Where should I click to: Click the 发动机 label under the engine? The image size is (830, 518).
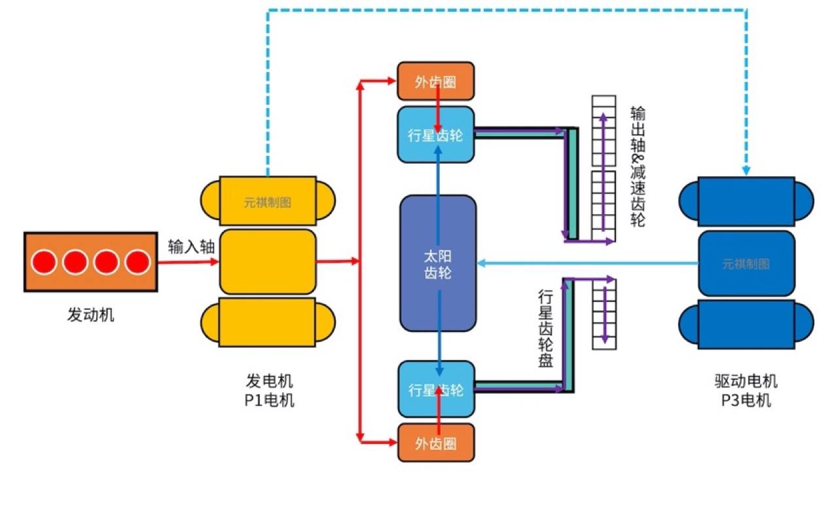point(90,315)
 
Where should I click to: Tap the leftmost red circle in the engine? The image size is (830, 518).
point(45,262)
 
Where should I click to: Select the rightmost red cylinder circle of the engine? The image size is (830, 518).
point(137,262)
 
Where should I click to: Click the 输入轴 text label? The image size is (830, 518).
point(191,247)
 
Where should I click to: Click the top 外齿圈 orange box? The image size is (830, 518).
point(435,81)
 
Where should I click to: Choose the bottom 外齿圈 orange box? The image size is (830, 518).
point(435,443)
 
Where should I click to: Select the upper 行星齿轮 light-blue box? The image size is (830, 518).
point(435,135)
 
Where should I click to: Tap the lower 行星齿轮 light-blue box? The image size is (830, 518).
point(435,390)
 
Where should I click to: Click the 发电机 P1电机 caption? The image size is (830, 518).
point(269,390)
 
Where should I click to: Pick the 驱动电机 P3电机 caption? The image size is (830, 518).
point(746,390)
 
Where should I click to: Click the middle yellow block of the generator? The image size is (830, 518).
point(268,261)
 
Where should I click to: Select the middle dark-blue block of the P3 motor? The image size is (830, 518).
point(746,263)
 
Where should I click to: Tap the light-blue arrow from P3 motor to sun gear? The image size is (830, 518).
point(589,263)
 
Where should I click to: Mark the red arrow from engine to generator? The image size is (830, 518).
point(187,262)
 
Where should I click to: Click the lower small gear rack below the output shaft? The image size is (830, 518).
point(604,313)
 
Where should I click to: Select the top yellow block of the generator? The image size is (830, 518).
point(268,201)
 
